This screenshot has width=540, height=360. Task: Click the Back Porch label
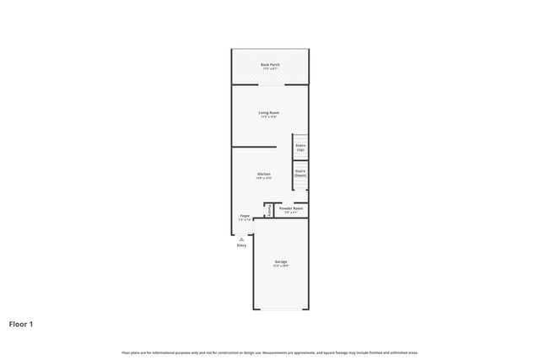point(270,64)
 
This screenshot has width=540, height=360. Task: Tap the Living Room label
point(269,112)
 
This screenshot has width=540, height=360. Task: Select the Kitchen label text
point(264,174)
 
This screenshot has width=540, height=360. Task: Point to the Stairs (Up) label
point(300,147)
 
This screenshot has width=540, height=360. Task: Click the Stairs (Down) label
point(300,173)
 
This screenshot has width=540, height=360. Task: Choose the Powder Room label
point(291,208)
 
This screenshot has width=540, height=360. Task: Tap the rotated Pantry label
point(269,210)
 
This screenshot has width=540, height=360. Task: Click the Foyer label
point(245,216)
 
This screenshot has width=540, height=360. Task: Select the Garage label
point(281,261)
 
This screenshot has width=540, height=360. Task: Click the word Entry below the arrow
point(241,245)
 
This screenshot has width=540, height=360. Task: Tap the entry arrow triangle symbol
point(241,239)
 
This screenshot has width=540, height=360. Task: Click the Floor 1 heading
point(21,323)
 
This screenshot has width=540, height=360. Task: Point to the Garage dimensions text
point(281,266)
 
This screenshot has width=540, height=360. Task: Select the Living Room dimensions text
point(269,117)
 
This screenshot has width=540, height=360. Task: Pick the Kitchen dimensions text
point(264,179)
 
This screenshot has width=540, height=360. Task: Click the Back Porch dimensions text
point(270,69)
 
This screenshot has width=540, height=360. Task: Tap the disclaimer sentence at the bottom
point(270,352)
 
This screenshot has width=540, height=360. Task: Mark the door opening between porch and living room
point(270,84)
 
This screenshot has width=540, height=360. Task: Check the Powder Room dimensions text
point(291,213)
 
